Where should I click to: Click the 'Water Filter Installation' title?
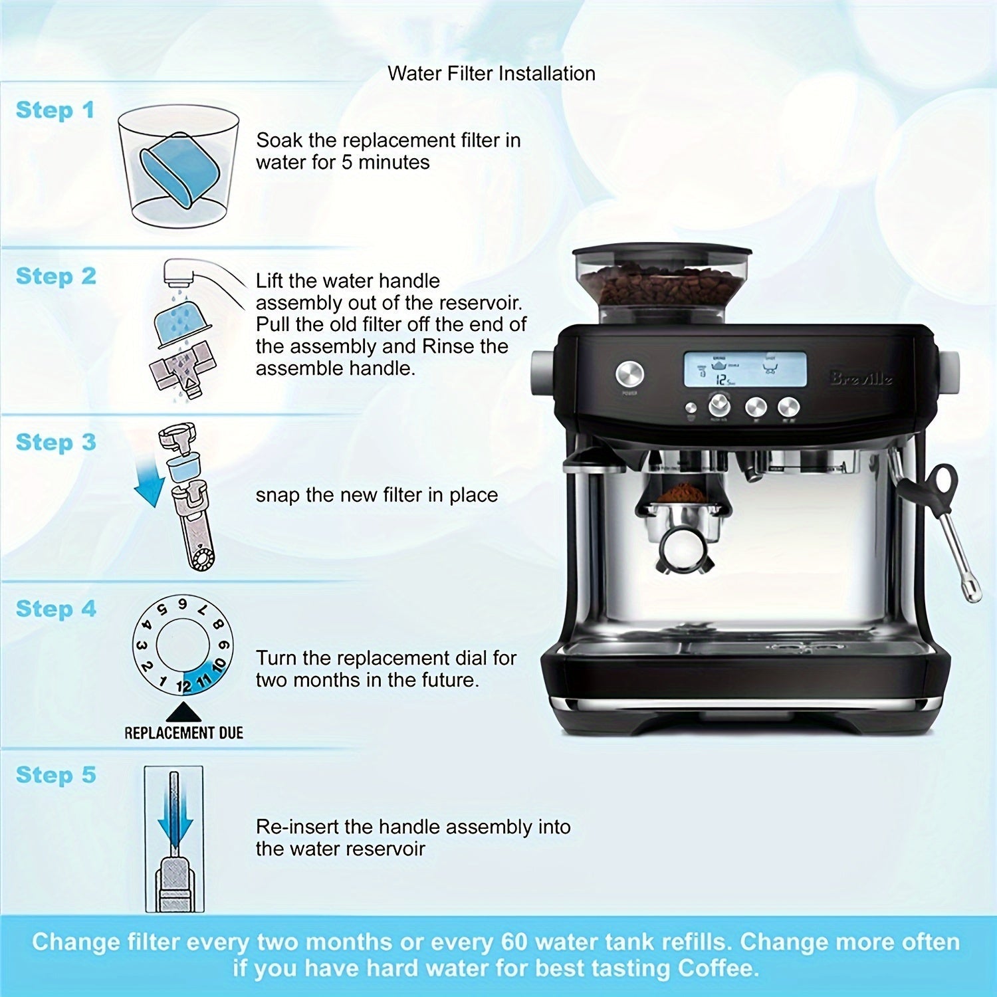[x=491, y=73]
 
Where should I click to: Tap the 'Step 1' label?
[x=55, y=110]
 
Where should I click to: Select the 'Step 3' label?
[x=56, y=443]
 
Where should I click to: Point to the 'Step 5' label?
[x=56, y=775]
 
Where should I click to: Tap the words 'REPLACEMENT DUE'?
[x=183, y=733]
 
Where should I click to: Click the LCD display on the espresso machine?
[x=745, y=370]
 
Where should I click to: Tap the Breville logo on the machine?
[x=861, y=379]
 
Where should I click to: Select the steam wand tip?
[x=972, y=590]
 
